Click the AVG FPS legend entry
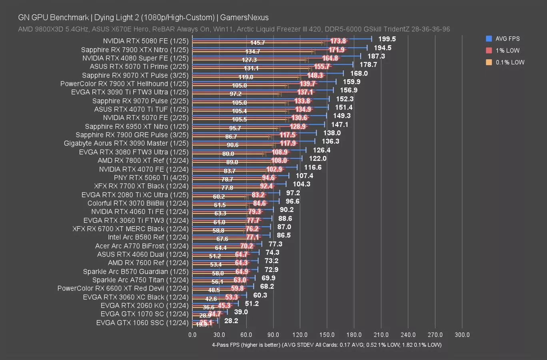tap(507, 39)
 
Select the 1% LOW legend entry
tap(507, 50)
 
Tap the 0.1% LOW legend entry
tap(509, 62)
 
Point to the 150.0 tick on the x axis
tap(327, 335)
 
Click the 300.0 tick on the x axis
tap(462, 335)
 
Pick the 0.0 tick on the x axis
tap(192, 335)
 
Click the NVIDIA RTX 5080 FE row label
tap(146, 41)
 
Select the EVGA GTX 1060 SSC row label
tap(142, 322)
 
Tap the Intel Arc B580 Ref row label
tap(148, 237)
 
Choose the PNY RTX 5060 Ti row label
tap(151, 178)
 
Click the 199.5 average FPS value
tap(387, 39)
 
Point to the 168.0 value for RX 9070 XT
tap(359, 73)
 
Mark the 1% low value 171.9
tap(337, 50)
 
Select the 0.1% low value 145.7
tap(258, 43)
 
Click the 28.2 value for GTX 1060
tap(231, 320)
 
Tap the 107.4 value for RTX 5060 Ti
tap(304, 176)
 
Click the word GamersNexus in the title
tap(244, 17)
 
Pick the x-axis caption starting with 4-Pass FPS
tap(327, 345)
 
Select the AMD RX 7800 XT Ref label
tap(143, 160)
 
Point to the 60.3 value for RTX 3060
tap(260, 295)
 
